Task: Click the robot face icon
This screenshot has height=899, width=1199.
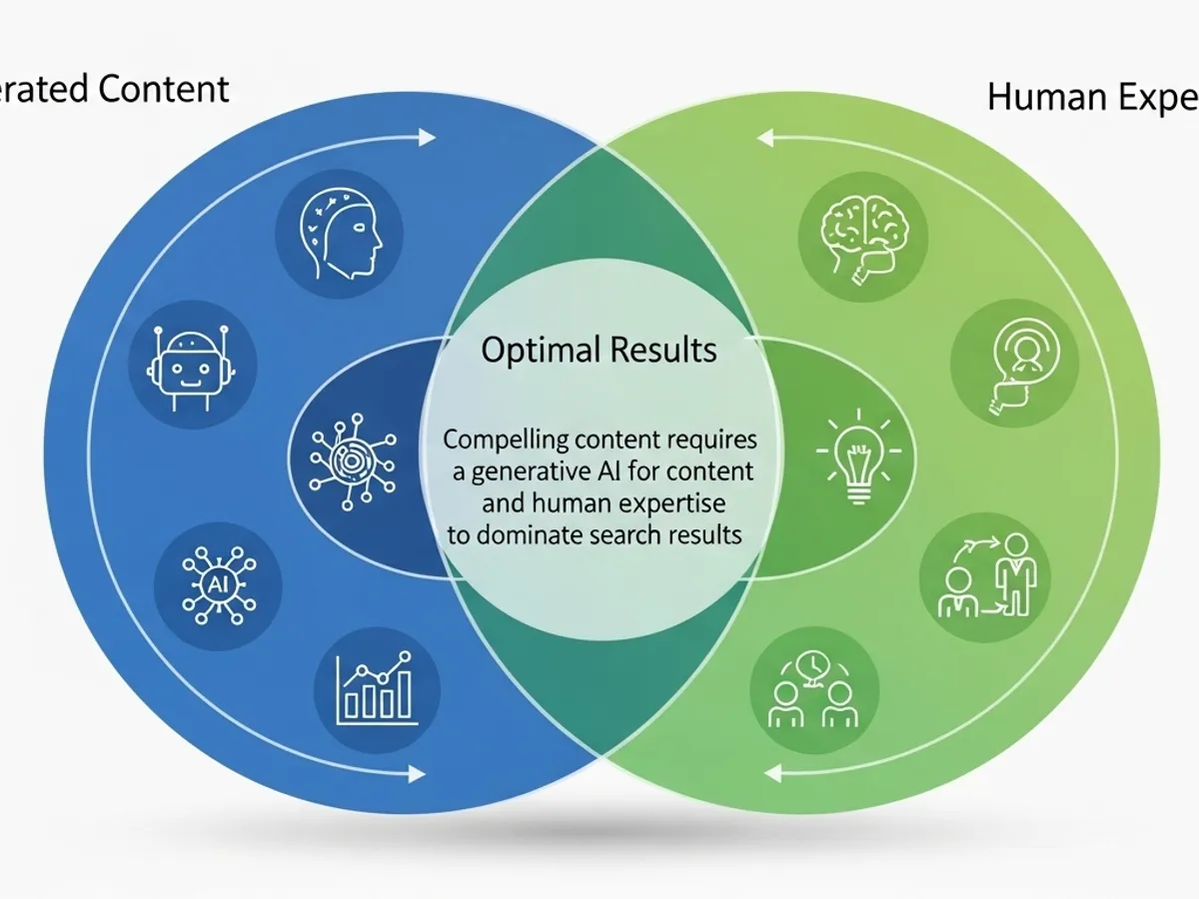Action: (x=193, y=366)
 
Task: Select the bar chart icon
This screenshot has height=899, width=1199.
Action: (x=376, y=689)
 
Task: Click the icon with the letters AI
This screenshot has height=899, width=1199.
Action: (x=218, y=585)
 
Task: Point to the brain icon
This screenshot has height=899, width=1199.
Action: (x=862, y=236)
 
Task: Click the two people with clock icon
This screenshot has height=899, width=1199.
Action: (x=813, y=690)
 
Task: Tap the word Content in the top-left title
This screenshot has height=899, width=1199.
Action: (x=164, y=89)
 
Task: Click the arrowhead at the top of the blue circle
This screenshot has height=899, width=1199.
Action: (x=427, y=137)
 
